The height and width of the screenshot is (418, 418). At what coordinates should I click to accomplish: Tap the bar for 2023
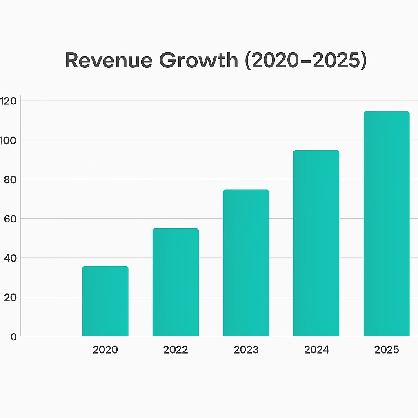coord(246,263)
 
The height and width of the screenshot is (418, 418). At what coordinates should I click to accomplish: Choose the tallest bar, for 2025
coord(386,224)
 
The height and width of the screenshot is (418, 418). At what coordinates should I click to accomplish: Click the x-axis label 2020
coord(105,350)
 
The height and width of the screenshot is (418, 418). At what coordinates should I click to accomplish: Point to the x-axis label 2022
coord(176,350)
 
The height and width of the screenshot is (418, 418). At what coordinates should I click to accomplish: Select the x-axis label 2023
coord(246,350)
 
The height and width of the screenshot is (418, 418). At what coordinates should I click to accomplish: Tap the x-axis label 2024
coord(316,350)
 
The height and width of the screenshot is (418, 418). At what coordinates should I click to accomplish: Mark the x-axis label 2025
coord(387,350)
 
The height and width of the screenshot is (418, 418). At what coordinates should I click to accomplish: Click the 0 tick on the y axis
coord(13,337)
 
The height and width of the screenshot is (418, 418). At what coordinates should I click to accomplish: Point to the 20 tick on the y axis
coord(10,298)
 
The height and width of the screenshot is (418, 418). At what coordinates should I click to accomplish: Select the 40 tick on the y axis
coord(10,258)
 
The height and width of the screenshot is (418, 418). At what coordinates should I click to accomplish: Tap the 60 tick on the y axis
coord(10,219)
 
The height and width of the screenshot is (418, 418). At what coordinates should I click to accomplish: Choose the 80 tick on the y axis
coord(10,180)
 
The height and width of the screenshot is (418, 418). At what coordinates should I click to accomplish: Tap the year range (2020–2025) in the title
coord(306,60)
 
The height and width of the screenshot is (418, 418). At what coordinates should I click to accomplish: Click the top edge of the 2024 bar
coord(316,151)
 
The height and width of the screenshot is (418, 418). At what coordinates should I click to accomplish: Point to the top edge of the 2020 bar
coord(105,267)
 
